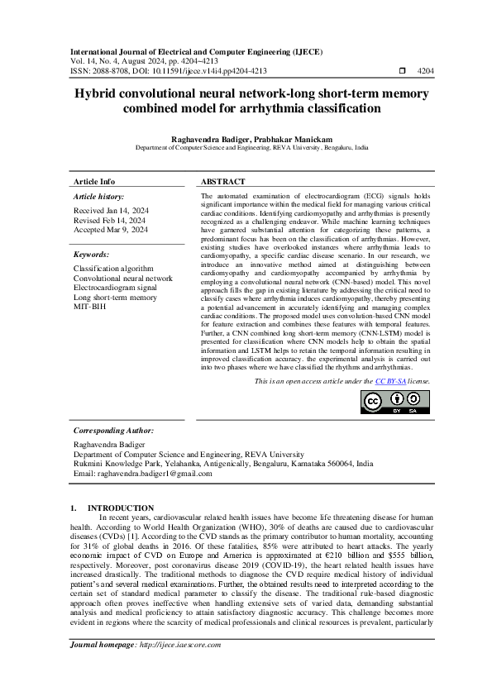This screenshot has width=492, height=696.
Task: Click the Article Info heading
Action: click(94, 181)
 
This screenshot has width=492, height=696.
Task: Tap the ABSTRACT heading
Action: click(222, 181)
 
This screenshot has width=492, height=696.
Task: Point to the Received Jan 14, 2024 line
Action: click(111, 211)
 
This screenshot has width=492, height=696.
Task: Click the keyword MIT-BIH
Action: click(90, 307)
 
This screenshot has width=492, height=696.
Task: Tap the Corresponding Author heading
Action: click(113, 431)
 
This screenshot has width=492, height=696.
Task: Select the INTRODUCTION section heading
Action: click(120, 508)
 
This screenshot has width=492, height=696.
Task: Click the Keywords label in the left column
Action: click(91, 255)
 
